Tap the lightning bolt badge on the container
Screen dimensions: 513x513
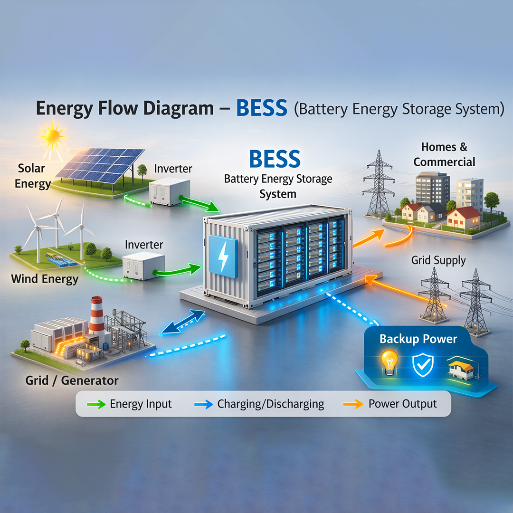tap(223, 256)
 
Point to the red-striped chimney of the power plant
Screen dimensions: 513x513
tap(96, 316)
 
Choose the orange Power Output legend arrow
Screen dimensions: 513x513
tap(353, 405)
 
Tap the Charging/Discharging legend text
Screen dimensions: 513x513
tap(271, 404)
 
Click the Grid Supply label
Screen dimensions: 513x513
tap(438, 260)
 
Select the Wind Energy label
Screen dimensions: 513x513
tap(45, 278)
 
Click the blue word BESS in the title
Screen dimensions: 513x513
tap(262, 108)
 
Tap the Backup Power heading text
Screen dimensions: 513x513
tap(418, 339)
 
